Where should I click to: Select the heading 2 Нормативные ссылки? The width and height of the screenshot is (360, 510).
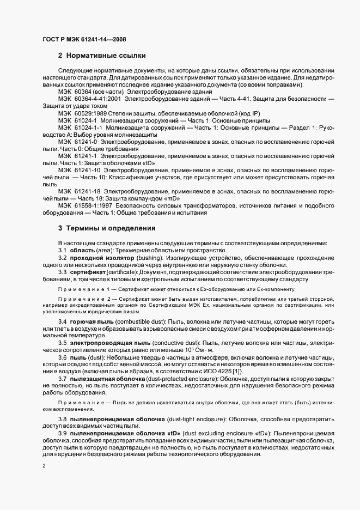point(101,56)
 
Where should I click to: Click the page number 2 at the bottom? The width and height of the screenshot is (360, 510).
point(44,466)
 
